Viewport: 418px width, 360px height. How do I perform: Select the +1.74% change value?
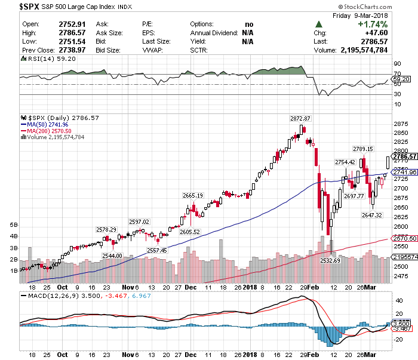pyautogui.click(x=372, y=24)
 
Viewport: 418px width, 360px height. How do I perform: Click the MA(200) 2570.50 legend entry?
pyautogui.click(x=46, y=131)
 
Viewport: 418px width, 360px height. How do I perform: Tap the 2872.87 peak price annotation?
pyautogui.click(x=301, y=118)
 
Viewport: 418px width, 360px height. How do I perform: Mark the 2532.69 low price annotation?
pyautogui.click(x=330, y=260)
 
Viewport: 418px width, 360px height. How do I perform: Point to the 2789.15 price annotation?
pyautogui.click(x=362, y=149)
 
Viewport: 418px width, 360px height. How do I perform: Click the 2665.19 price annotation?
pyautogui.click(x=193, y=195)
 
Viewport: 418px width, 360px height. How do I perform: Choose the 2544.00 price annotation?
pyautogui.click(x=113, y=256)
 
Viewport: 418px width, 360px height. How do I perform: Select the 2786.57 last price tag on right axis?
pyautogui.click(x=404, y=156)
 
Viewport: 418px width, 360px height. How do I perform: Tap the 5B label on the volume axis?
pyautogui.click(x=14, y=225)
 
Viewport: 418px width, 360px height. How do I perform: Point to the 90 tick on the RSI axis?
pyautogui.click(x=397, y=62)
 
